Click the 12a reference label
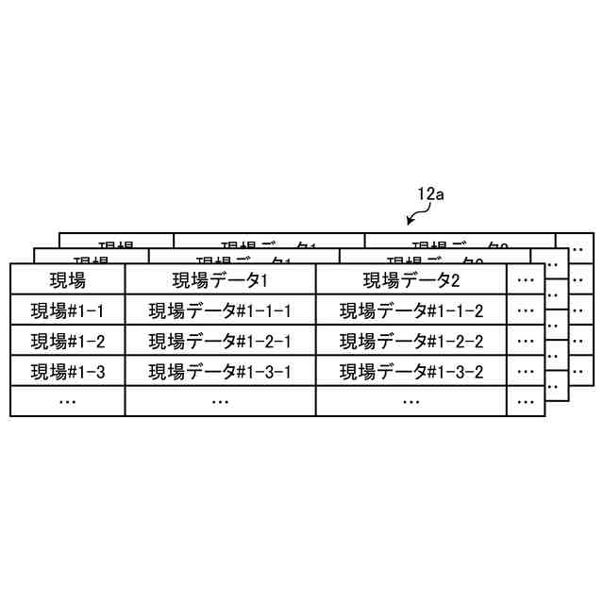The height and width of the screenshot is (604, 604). (430, 194)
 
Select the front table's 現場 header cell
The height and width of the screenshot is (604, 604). (67, 280)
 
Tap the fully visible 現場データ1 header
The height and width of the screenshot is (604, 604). (220, 280)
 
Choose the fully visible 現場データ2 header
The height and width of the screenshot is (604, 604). (411, 280)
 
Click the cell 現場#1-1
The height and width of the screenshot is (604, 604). (67, 310)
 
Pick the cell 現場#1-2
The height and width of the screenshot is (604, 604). (67, 341)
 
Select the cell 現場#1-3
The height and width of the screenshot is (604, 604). (67, 371)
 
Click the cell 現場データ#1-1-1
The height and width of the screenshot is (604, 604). (220, 310)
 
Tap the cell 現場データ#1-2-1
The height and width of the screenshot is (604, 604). (220, 341)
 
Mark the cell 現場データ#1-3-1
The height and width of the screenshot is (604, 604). (220, 371)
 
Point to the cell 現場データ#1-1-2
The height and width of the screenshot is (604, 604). (411, 310)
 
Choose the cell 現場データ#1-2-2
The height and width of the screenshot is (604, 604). (411, 341)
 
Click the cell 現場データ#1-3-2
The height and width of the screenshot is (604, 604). (411, 371)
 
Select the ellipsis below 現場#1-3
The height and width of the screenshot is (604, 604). (67, 401)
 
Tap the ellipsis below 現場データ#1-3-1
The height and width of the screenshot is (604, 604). (220, 401)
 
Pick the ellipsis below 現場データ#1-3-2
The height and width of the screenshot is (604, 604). (411, 401)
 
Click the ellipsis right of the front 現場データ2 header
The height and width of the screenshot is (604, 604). (526, 280)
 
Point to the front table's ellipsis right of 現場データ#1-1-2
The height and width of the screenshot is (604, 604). (526, 310)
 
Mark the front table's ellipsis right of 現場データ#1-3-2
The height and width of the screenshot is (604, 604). (526, 371)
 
